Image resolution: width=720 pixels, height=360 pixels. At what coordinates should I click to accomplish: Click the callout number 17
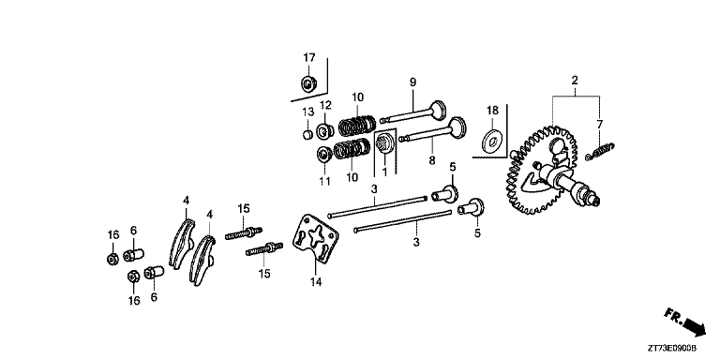309,58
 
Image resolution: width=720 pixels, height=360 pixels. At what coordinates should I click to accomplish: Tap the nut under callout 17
307,83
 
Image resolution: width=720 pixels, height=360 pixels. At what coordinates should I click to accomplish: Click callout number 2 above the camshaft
575,81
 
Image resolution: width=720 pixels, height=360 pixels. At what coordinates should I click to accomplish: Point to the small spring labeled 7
600,152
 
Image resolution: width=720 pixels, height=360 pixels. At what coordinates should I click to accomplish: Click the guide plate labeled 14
315,238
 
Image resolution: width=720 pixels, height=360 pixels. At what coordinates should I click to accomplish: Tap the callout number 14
315,281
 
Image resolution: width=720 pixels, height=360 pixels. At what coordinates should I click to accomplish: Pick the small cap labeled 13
308,134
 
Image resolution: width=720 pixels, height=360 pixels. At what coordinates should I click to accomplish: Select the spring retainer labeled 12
325,131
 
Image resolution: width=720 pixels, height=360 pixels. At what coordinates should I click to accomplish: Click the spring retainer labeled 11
324,154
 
